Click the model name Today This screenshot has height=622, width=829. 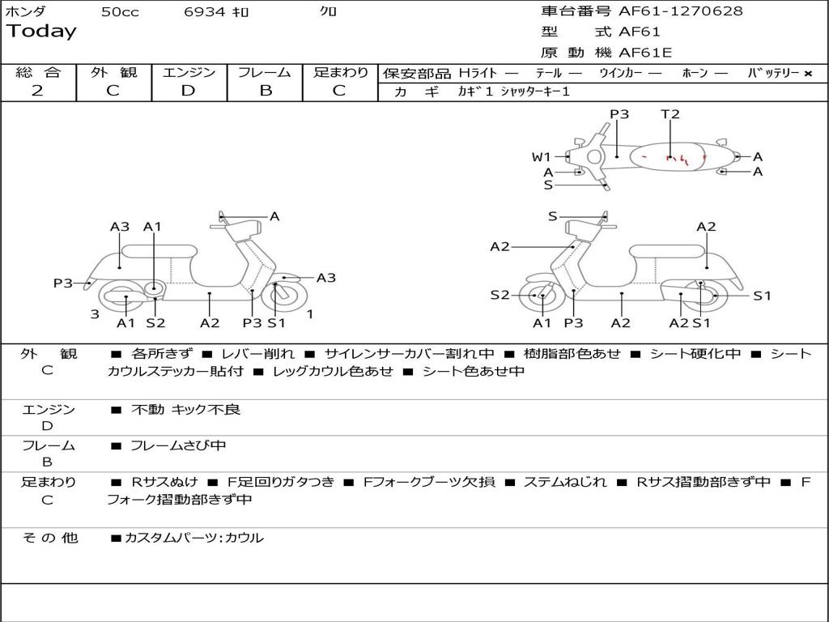point(41,32)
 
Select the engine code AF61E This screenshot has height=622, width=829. point(645,53)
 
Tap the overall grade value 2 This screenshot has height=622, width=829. point(37,91)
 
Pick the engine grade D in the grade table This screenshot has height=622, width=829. point(189,91)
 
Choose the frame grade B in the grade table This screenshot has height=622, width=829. point(266,91)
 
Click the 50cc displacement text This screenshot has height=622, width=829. point(120,12)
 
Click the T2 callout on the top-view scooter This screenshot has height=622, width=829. point(670,114)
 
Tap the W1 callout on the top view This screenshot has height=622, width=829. point(541,157)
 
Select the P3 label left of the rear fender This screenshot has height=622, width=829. point(63,283)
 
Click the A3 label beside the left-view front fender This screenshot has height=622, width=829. point(325,278)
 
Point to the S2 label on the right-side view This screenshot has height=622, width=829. point(500,295)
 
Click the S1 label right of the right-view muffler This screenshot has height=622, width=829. point(762,296)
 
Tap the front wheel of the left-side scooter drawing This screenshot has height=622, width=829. point(284,296)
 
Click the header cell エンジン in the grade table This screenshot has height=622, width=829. point(189,72)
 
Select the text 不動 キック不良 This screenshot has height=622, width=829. point(186,410)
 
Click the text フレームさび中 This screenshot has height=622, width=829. point(178,445)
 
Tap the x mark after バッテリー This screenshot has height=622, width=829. point(807,73)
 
